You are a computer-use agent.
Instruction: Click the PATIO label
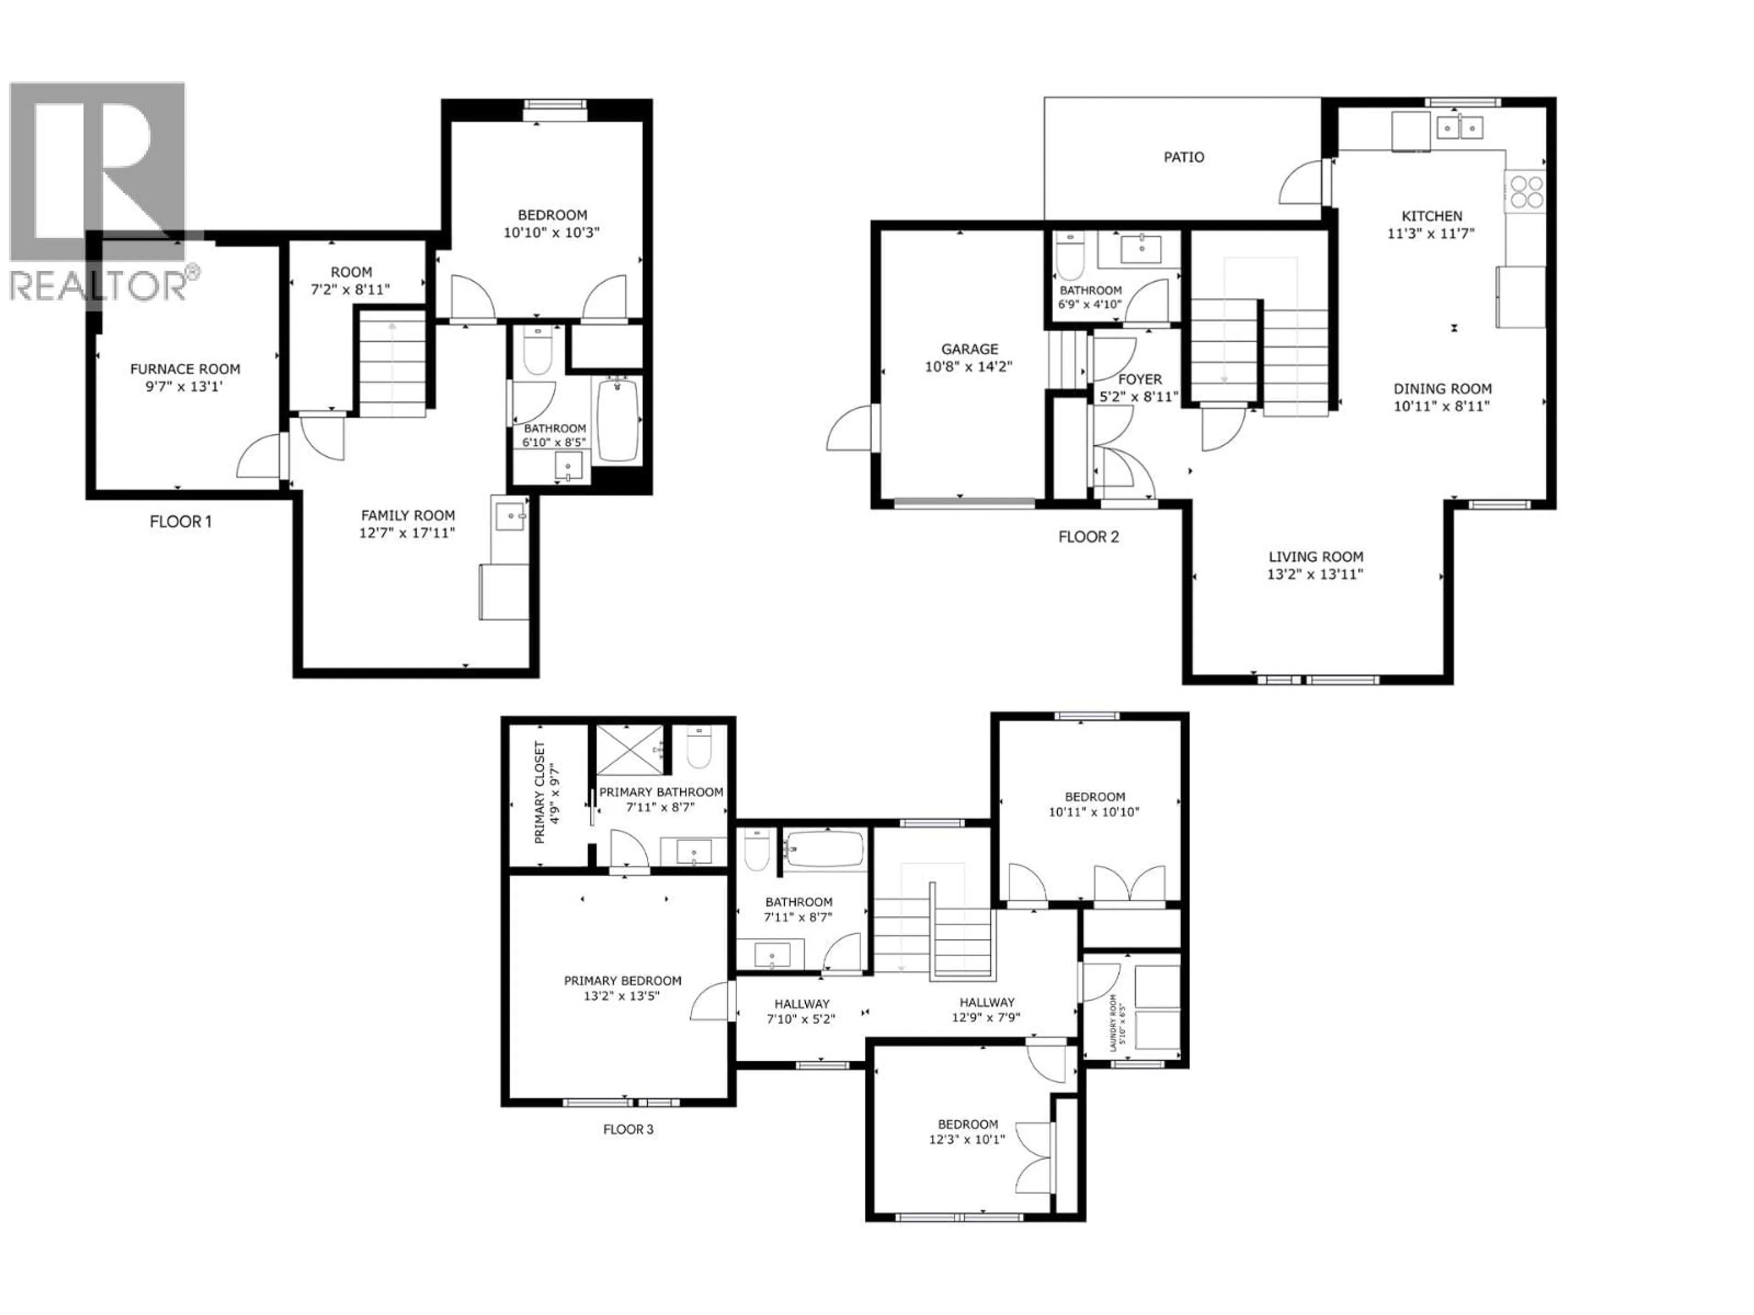[1183, 157]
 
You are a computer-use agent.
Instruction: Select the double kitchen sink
[1459, 127]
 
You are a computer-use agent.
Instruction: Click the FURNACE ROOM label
[185, 368]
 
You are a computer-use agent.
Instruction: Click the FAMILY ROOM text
[407, 515]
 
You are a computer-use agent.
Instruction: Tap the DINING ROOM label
[1442, 389]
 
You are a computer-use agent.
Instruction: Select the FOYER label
[1140, 380]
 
